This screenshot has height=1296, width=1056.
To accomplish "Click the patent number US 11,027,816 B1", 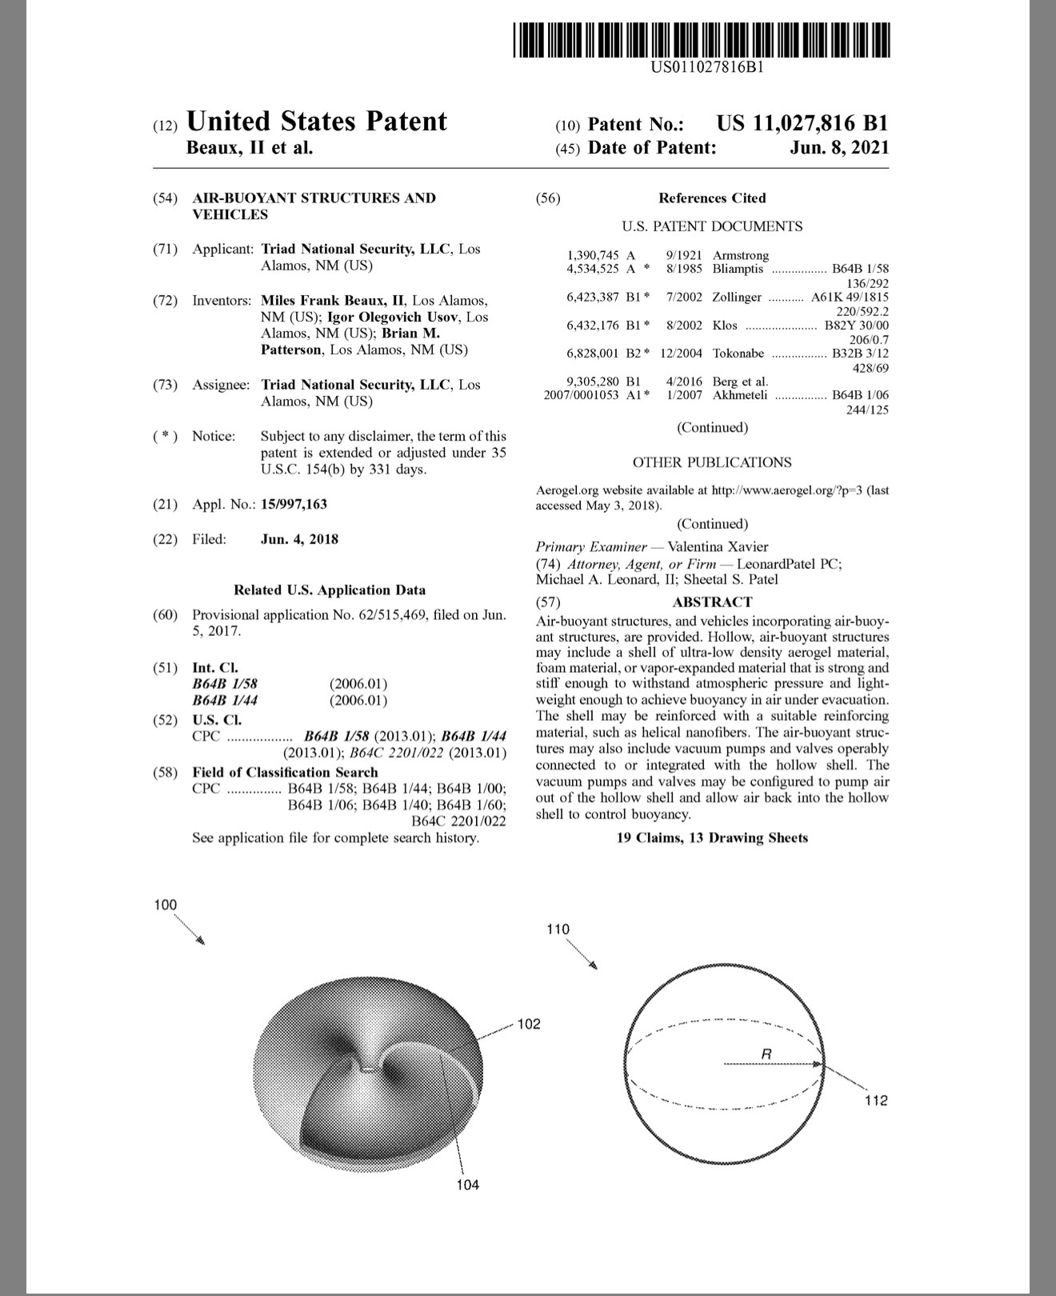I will tap(802, 124).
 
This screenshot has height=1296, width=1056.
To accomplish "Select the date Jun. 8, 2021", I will tap(838, 148).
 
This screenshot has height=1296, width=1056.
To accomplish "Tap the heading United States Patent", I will tap(316, 122).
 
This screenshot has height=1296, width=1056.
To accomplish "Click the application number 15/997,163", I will tap(294, 504).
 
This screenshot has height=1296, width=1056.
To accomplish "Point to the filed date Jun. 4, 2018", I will tap(299, 539).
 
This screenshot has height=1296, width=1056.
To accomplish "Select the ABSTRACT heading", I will tap(712, 602).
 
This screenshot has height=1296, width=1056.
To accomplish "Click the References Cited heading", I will tap(712, 198).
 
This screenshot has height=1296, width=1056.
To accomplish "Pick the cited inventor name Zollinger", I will tap(737, 297).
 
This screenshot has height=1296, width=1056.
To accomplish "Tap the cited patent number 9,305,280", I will tap(593, 382).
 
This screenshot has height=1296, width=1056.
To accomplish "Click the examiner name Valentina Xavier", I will tap(718, 547).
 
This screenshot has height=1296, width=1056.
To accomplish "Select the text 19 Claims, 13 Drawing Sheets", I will tap(712, 838).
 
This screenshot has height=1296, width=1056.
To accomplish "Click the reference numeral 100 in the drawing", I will tap(166, 905).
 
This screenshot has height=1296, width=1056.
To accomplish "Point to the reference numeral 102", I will tap(529, 1024).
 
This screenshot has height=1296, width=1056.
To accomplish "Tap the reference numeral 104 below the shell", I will tap(468, 1184).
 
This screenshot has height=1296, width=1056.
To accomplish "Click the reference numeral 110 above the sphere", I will tap(558, 929).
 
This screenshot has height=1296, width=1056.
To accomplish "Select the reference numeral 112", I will tap(876, 1101).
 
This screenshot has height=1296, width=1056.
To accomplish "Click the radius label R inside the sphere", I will tap(766, 1054).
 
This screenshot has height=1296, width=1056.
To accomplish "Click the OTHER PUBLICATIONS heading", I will tap(712, 462).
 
